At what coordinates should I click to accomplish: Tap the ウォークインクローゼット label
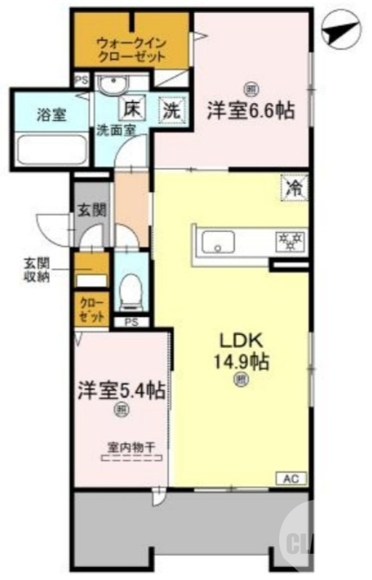131,49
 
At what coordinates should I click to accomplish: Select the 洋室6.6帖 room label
250,110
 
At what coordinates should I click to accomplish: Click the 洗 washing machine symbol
171,111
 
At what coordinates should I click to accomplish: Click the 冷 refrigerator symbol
294,188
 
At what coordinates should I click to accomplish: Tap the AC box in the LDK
291,478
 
